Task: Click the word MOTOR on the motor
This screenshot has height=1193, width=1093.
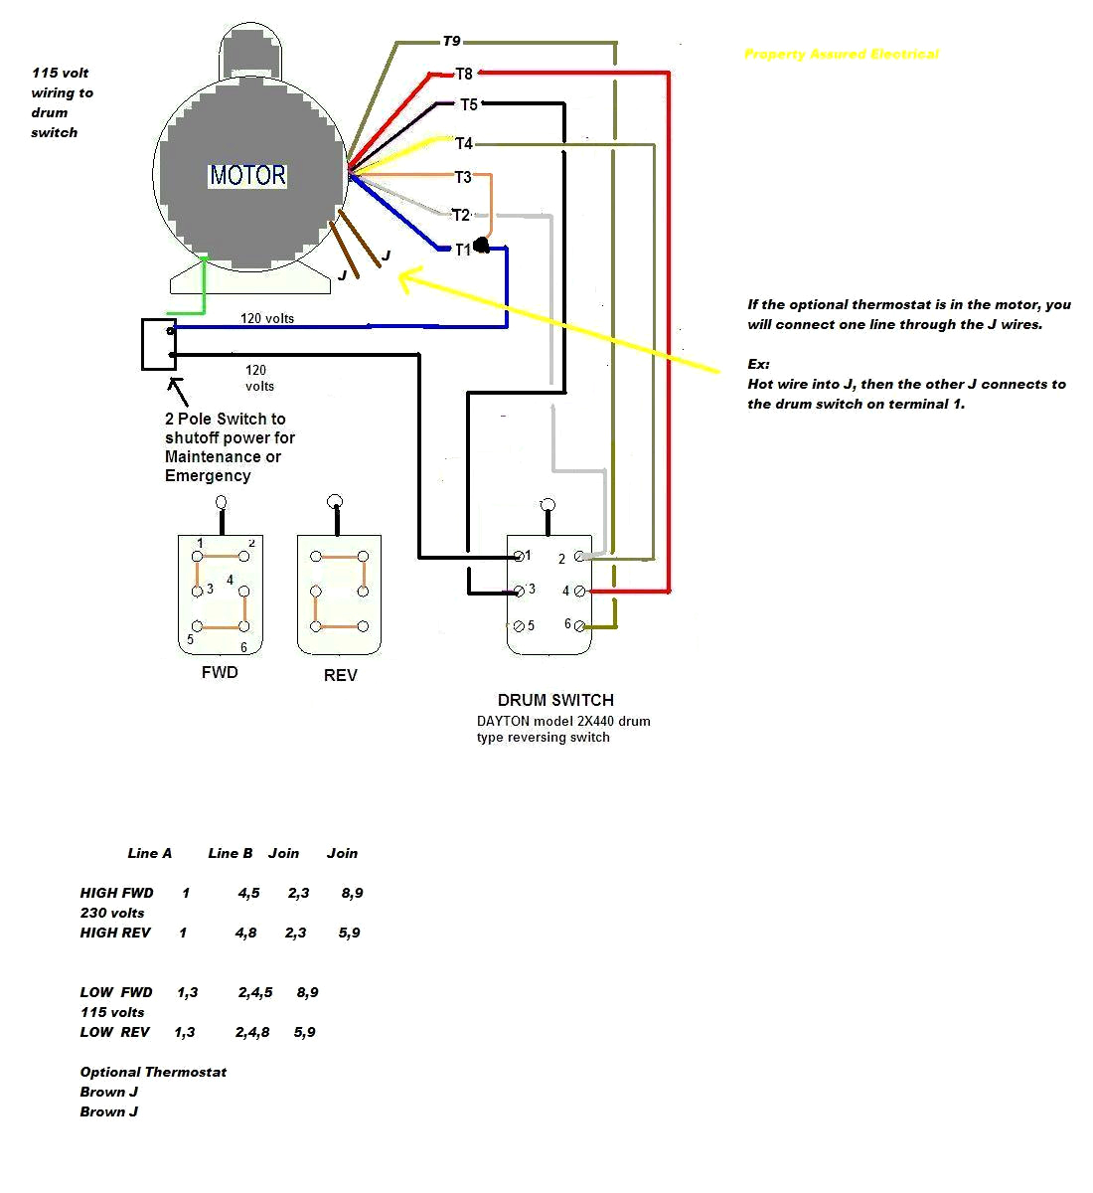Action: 247,176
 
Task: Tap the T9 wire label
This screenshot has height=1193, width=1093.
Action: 451,42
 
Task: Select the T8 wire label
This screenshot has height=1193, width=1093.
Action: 464,74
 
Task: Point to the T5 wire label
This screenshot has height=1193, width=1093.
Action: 468,104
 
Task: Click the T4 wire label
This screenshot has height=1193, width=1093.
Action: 464,144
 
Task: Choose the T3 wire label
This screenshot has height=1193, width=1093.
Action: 463,177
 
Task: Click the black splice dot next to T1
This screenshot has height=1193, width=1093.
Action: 482,246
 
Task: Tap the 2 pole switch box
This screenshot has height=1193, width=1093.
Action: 159,344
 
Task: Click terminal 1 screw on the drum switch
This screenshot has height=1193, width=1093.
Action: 517,556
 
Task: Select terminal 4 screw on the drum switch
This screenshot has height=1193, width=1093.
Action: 579,591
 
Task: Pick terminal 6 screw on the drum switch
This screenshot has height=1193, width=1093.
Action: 580,625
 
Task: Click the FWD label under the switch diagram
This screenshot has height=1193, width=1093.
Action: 220,672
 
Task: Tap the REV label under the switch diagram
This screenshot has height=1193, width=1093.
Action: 340,675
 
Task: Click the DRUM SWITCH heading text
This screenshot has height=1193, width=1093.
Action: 555,700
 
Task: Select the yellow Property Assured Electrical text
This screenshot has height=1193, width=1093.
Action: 841,54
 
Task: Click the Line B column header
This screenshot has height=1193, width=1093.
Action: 231,853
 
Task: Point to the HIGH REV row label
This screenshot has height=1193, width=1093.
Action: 115,933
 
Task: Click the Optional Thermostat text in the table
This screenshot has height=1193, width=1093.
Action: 153,1072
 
